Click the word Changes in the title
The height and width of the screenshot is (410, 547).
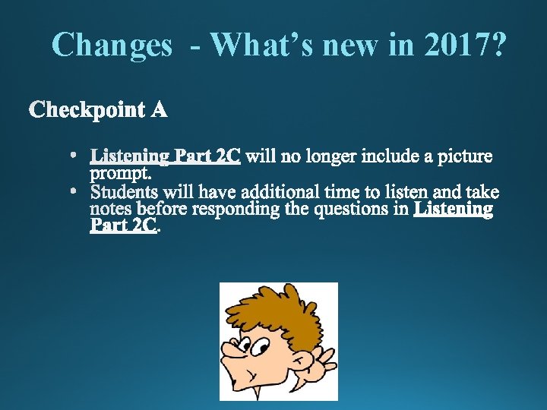click(112, 46)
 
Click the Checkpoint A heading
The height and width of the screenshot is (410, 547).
click(99, 111)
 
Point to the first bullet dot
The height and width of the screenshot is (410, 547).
click(74, 156)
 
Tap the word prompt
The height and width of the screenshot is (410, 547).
click(120, 174)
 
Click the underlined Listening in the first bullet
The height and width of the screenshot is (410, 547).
click(130, 156)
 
